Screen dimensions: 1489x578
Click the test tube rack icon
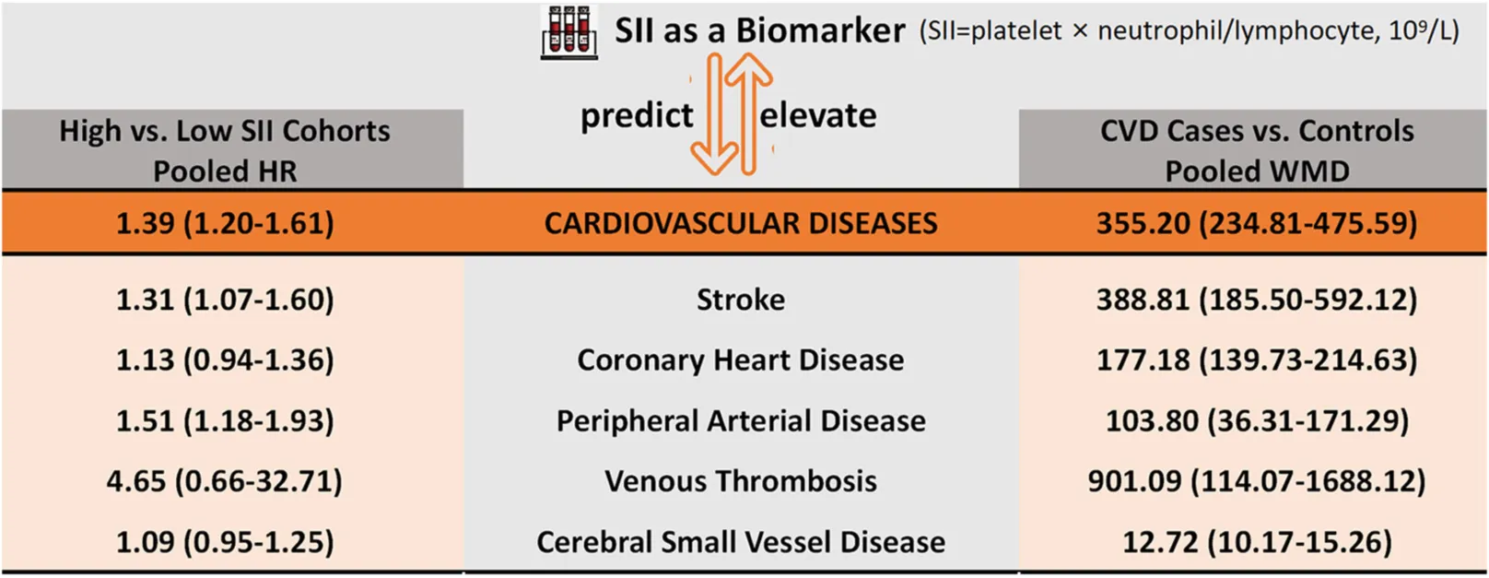pos(569,32)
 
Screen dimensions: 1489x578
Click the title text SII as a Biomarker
pos(760,30)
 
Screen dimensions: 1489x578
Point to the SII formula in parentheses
pos(1190,31)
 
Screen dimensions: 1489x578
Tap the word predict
pos(637,116)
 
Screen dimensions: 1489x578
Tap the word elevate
pos(817,116)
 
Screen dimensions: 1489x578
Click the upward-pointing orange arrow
pos(748,113)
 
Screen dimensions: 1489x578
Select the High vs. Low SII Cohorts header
pos(226,150)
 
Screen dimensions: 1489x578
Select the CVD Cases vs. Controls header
pos(1257,150)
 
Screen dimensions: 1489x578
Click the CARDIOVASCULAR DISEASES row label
pos(741,223)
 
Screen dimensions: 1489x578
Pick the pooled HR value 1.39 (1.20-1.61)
pos(226,223)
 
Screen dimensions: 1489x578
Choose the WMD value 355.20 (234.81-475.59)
pos(1257,223)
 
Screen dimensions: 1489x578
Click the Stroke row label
pos(741,300)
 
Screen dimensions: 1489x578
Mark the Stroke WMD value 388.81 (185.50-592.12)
pos(1257,300)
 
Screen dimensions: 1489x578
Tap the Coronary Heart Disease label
pos(741,360)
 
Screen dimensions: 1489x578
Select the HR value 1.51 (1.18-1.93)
pos(226,421)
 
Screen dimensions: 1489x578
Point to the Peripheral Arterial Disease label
pos(741,421)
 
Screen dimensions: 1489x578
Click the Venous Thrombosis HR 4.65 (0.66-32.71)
pos(225,481)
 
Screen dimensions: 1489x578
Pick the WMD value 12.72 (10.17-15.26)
pos(1257,542)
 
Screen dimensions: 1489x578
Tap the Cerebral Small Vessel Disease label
pos(741,542)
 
